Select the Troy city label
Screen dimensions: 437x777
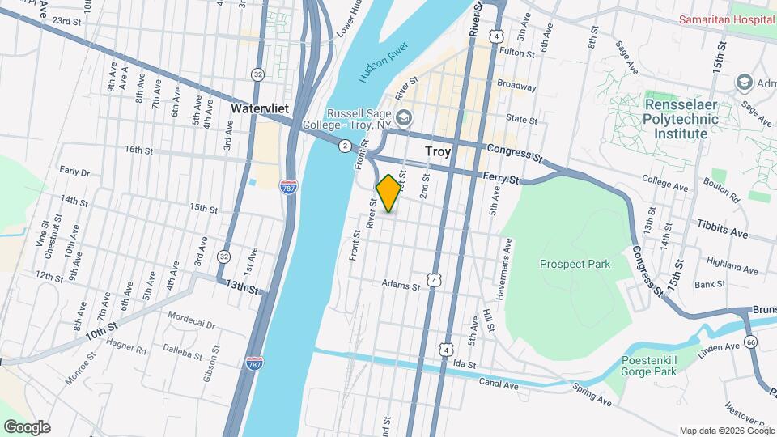click(x=438, y=151)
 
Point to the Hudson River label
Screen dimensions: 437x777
click(x=379, y=66)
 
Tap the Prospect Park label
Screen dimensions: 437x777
click(x=575, y=264)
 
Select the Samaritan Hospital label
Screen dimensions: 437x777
click(x=726, y=19)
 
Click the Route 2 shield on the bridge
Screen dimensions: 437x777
click(x=346, y=146)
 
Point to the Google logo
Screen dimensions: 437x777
click(x=27, y=427)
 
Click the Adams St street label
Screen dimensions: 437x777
click(x=401, y=286)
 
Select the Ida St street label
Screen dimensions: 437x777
click(x=463, y=365)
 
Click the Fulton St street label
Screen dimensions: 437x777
click(x=519, y=53)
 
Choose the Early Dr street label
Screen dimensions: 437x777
click(x=73, y=170)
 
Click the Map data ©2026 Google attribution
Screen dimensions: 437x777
click(x=726, y=431)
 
